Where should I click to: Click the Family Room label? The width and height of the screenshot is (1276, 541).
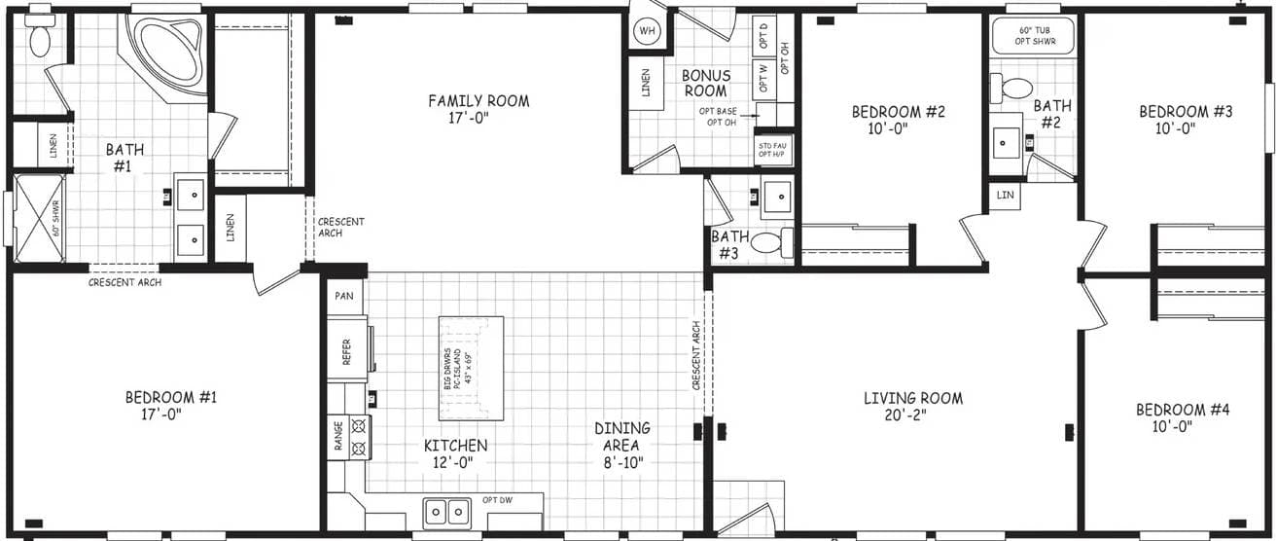[x=478, y=101]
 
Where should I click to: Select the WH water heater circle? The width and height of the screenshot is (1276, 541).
[x=647, y=32]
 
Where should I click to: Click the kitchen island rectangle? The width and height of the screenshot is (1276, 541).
[x=472, y=367]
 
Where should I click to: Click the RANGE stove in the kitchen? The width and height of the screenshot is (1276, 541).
[x=348, y=437]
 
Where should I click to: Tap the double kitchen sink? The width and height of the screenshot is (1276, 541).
[x=446, y=510]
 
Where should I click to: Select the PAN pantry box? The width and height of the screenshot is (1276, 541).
[x=343, y=296]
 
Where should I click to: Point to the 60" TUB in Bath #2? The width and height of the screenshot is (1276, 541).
[x=1033, y=36]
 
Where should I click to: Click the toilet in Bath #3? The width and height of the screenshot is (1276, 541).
[x=772, y=241]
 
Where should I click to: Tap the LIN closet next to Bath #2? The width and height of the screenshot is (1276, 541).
[x=1004, y=195]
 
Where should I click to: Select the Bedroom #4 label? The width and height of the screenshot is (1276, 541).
[x=1182, y=411]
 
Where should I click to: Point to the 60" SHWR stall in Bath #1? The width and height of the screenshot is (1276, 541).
[x=39, y=218]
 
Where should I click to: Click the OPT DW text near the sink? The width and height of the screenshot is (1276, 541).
[x=497, y=500]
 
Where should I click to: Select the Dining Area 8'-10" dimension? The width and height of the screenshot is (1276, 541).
[x=622, y=461]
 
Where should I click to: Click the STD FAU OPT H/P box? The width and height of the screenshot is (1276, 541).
[x=772, y=150]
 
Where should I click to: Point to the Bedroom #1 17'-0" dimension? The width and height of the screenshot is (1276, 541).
[x=162, y=414]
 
